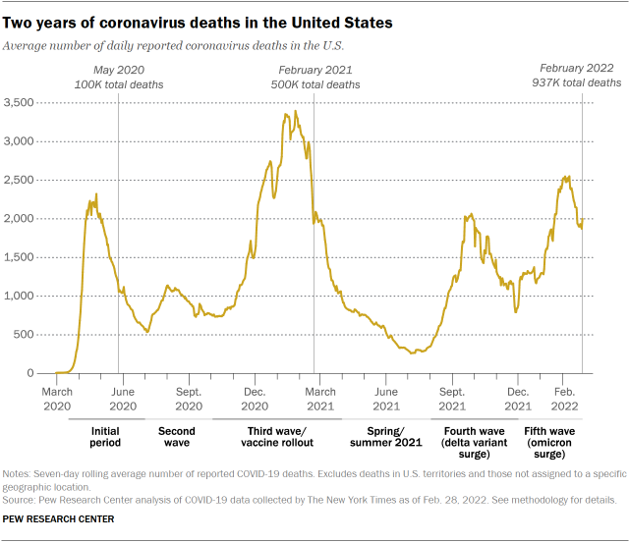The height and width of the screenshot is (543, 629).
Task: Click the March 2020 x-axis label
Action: (56, 398)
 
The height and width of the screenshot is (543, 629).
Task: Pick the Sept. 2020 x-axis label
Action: (188, 398)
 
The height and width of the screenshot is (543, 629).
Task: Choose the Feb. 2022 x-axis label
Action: (566, 398)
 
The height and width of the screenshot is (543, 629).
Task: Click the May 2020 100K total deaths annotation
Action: (118, 77)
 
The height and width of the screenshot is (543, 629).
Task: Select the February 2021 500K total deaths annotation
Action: (315, 77)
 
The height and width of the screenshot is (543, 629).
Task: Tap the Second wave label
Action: (177, 438)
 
